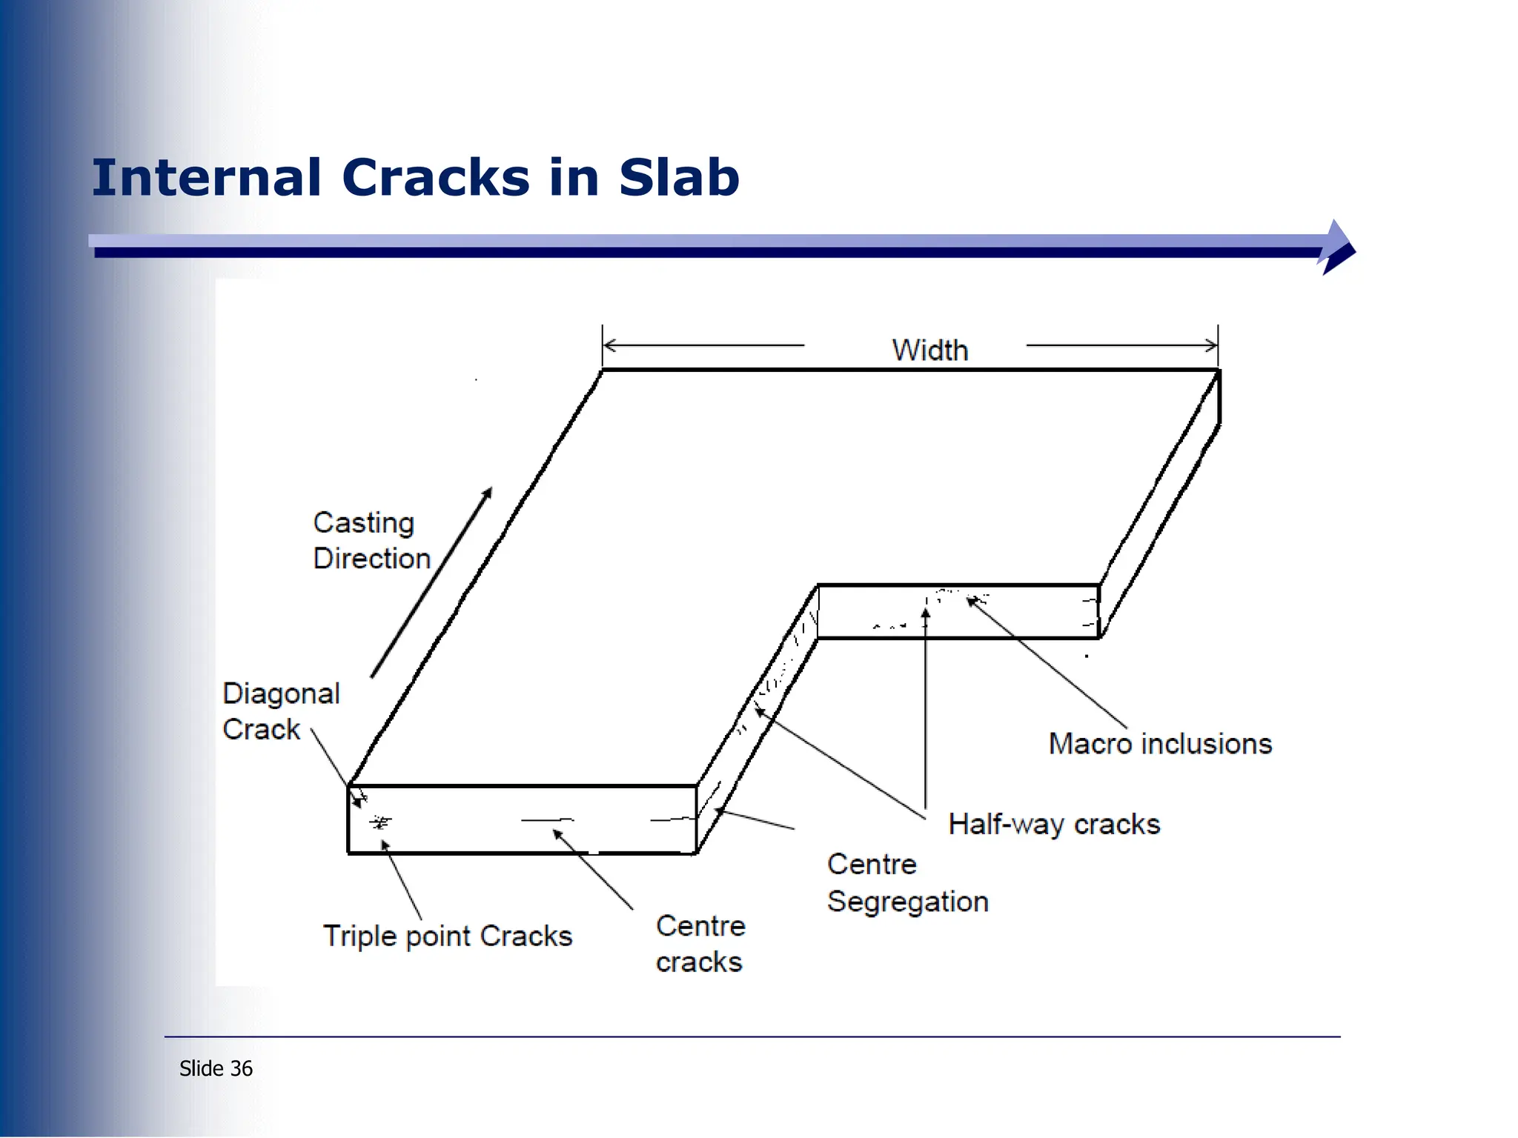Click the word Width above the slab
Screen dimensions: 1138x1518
click(929, 350)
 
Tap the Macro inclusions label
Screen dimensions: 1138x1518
click(1160, 744)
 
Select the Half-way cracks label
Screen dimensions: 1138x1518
click(1054, 825)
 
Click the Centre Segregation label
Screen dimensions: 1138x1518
click(907, 883)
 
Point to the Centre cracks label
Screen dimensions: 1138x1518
click(700, 944)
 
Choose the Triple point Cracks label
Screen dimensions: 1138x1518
click(448, 936)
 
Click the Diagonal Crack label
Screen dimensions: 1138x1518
click(280, 711)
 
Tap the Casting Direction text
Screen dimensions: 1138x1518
click(371, 541)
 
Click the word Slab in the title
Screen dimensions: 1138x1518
click(679, 178)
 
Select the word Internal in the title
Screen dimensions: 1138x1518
click(207, 178)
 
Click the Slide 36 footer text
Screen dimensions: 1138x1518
click(216, 1068)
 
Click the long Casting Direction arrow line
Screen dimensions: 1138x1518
click(431, 582)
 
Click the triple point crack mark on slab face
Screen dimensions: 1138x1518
click(380, 822)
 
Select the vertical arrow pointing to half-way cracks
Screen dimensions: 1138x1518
click(925, 711)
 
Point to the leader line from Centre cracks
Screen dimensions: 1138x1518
click(594, 871)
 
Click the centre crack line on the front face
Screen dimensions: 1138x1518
click(547, 820)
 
